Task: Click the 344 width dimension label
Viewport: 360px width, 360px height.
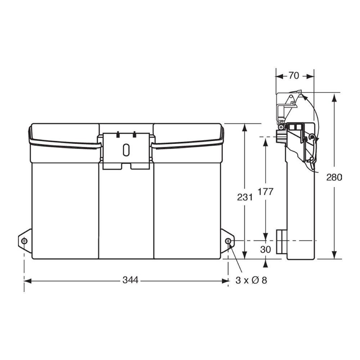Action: [130, 280]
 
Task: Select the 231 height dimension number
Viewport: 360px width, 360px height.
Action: [245, 197]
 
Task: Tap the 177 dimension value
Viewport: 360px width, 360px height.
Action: [266, 192]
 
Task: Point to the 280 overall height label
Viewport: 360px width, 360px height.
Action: [334, 177]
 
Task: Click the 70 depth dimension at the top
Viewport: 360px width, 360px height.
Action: [294, 76]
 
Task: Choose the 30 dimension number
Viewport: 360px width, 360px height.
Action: [266, 249]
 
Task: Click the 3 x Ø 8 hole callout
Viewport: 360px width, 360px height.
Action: [251, 280]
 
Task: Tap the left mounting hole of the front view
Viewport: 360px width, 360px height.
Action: [24, 241]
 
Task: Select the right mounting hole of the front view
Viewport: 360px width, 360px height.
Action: [228, 241]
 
